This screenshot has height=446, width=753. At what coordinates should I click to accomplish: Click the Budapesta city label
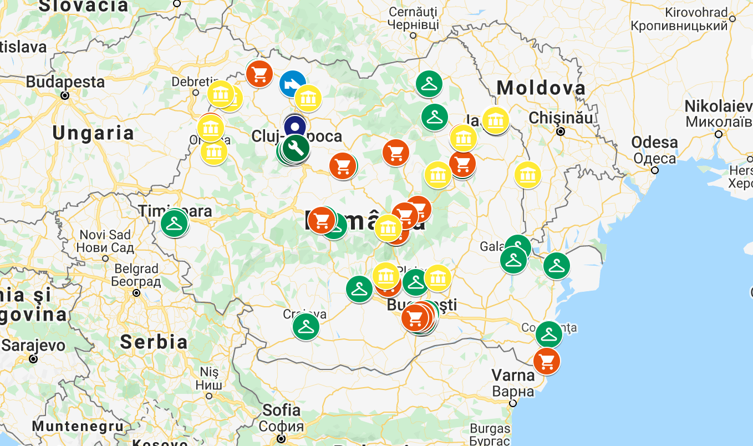click(x=65, y=82)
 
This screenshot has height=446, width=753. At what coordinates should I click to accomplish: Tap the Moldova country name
click(x=541, y=88)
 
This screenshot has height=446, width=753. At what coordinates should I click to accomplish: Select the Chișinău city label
click(x=561, y=118)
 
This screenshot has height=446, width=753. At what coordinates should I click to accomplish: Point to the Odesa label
click(x=654, y=143)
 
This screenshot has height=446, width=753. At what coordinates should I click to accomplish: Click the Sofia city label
click(x=282, y=410)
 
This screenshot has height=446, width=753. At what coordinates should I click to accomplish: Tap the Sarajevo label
click(x=33, y=346)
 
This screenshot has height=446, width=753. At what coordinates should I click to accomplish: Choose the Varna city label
click(x=513, y=376)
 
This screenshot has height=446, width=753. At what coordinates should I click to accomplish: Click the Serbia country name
click(x=154, y=341)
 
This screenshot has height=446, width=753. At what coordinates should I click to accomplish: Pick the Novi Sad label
click(x=105, y=235)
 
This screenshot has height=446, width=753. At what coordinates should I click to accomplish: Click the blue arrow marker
click(x=292, y=84)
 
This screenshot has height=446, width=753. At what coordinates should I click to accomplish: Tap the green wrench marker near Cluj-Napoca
click(x=296, y=148)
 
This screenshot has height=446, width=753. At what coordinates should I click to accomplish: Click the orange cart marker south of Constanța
click(x=547, y=361)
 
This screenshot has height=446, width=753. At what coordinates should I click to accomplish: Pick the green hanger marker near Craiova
click(x=306, y=327)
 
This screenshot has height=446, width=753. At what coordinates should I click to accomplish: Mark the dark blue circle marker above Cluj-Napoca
click(x=295, y=125)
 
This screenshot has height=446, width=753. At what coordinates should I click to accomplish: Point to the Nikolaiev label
click(x=718, y=107)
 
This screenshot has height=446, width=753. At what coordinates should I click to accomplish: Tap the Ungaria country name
click(x=93, y=133)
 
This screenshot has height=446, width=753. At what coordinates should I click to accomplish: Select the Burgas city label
click(x=490, y=428)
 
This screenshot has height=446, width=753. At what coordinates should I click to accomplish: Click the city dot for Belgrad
click(x=136, y=293)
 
